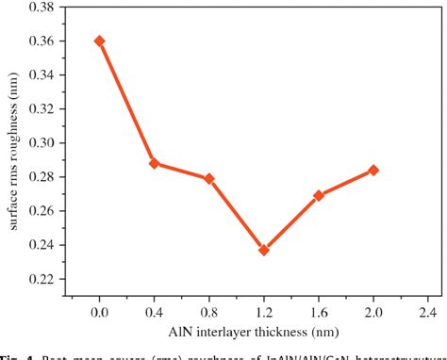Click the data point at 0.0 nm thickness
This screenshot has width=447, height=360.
coord(99,41)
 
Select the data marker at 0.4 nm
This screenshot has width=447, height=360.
coord(155,163)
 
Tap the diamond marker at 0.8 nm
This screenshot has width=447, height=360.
coord(209,178)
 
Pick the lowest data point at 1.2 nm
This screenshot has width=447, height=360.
coord(264,250)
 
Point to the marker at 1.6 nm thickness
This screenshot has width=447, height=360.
coord(319,195)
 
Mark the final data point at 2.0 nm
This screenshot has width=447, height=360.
coord(373,170)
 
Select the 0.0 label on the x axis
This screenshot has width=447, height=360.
coord(99,310)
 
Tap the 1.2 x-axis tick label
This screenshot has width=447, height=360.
coord(264,310)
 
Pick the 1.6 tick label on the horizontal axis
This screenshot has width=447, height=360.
coord(319,310)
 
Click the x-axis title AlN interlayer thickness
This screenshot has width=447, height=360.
coord(255,331)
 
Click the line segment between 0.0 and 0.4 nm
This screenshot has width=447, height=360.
coord(126,102)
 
